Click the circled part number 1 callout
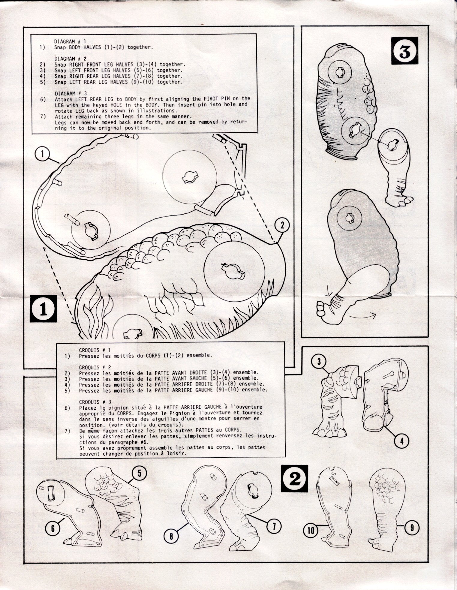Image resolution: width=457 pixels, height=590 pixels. [42, 154]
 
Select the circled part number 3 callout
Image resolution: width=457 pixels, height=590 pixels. [319, 362]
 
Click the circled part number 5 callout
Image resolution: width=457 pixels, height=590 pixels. [139, 474]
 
